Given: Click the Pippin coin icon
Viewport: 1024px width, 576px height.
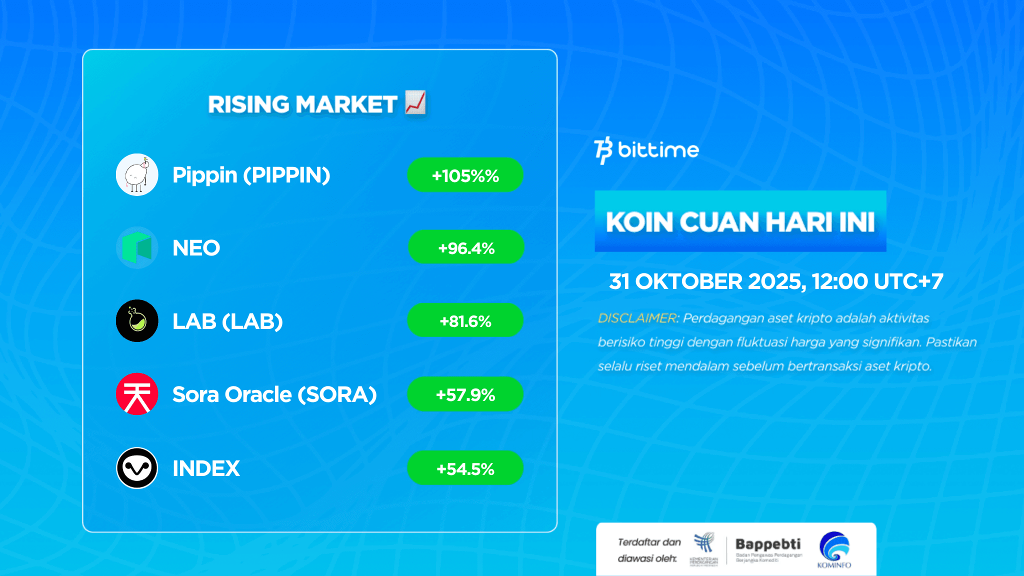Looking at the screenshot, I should (x=137, y=174).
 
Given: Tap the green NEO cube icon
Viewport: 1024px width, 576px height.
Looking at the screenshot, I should (x=137, y=247).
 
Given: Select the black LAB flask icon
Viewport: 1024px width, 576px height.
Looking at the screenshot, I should (x=137, y=320).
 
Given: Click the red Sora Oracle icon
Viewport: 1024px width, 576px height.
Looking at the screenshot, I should (x=137, y=394).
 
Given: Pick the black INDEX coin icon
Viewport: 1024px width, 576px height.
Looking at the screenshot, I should (x=137, y=468).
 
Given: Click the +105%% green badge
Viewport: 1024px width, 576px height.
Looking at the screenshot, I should (x=465, y=175).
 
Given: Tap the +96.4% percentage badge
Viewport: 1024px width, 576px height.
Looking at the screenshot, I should (x=466, y=247).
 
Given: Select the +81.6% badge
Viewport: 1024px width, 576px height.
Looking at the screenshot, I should (x=465, y=320).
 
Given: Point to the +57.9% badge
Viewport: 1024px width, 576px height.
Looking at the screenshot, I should (x=465, y=394).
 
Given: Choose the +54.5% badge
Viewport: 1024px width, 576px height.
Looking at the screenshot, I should (x=465, y=468).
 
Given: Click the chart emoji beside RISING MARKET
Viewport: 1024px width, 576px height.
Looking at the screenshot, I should (x=415, y=102).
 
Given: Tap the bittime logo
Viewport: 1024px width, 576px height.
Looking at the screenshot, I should (x=646, y=150).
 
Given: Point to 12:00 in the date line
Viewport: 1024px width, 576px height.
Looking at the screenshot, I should (x=839, y=281).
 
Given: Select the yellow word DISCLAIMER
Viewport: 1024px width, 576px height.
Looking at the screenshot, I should (x=637, y=318).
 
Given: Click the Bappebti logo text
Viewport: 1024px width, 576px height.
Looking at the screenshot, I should (x=767, y=544).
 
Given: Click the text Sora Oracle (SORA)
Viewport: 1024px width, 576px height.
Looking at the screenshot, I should (x=274, y=394).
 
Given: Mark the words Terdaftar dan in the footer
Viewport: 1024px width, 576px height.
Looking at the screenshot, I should (x=649, y=542).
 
